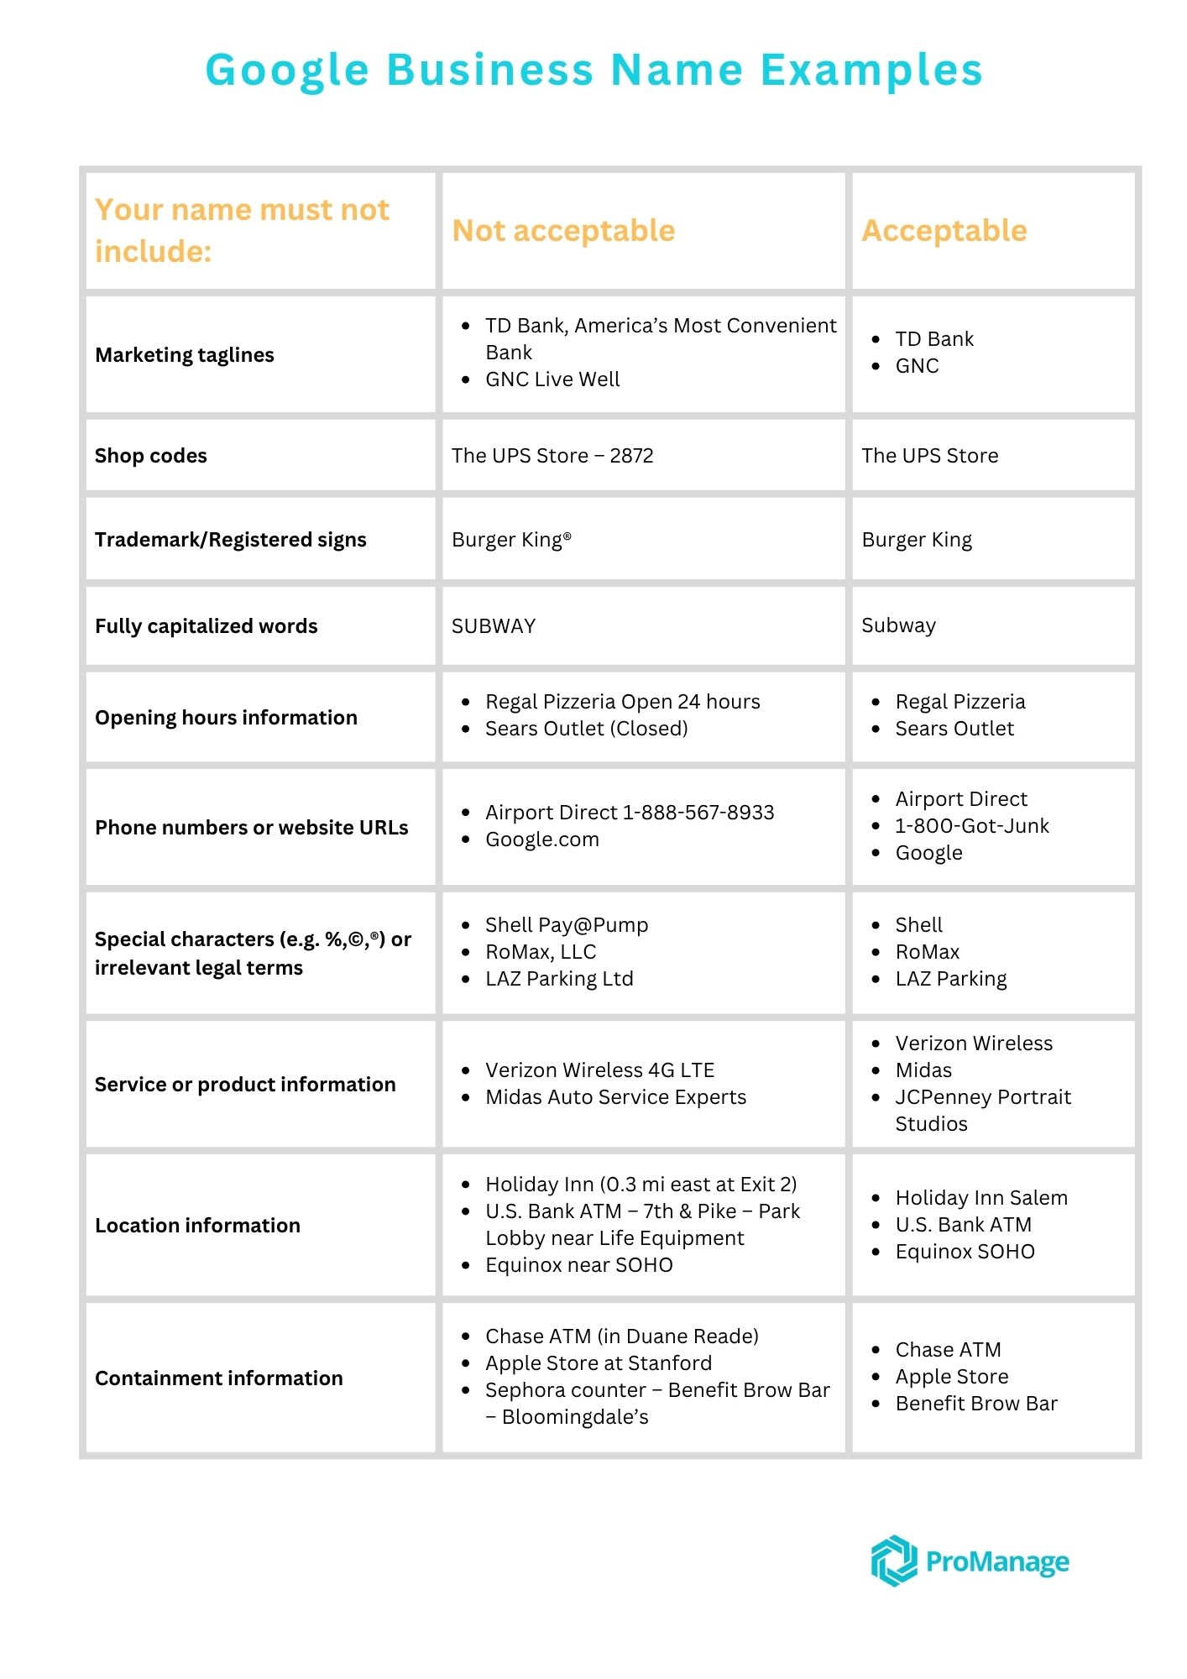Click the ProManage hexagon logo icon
(893, 1561)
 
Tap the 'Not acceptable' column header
(563, 231)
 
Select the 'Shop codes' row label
(151, 456)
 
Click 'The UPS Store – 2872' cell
(552, 456)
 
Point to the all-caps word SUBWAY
(494, 626)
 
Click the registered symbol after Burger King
(567, 535)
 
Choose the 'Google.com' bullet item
(542, 839)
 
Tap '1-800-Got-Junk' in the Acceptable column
(972, 826)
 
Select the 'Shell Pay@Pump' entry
(567, 925)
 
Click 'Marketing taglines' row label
(185, 355)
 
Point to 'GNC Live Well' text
(552, 379)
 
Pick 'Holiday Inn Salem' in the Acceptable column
(981, 1198)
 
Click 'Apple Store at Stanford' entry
(599, 1363)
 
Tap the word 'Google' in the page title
(287, 70)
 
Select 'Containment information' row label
(219, 1378)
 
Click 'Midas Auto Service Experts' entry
(615, 1097)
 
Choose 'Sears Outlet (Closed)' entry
(587, 729)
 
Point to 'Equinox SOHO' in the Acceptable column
(965, 1252)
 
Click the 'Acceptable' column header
(944, 231)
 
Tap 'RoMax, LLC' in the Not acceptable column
(541, 952)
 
